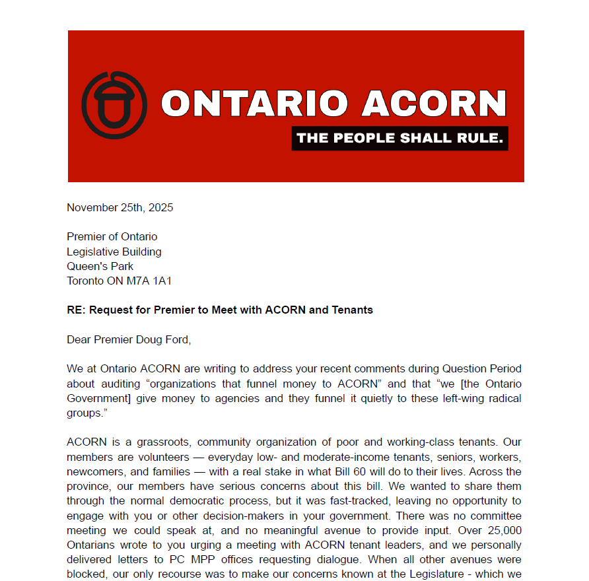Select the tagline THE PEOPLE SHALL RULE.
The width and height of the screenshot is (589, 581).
click(x=399, y=138)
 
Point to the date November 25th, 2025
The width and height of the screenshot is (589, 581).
click(x=120, y=207)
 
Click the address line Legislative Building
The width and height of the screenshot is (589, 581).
click(x=114, y=252)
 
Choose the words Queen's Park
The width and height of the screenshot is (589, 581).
click(x=100, y=266)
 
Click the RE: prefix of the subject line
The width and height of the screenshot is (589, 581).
click(x=75, y=310)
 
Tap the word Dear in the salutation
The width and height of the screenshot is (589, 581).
click(x=79, y=339)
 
